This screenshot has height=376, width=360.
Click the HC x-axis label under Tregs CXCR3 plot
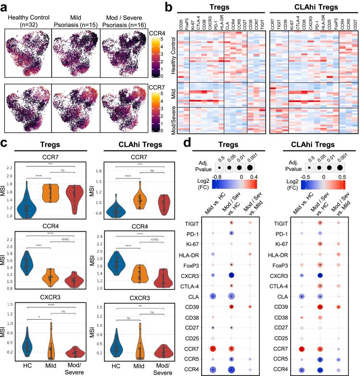[x=27, y=366]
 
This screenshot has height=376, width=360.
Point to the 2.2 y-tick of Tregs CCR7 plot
[x=10, y=167]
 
